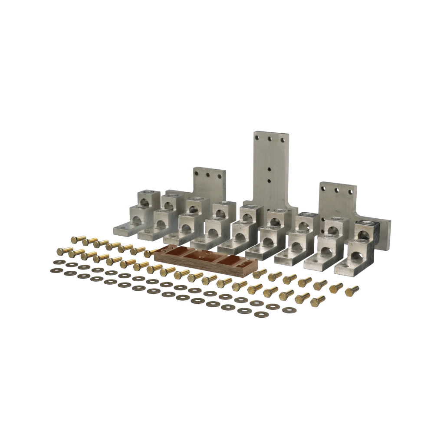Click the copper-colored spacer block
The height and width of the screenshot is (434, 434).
(206, 260)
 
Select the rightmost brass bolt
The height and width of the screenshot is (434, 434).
(352, 290)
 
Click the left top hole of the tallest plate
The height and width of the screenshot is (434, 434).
(259, 138)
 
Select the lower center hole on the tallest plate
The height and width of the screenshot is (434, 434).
(270, 181)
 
